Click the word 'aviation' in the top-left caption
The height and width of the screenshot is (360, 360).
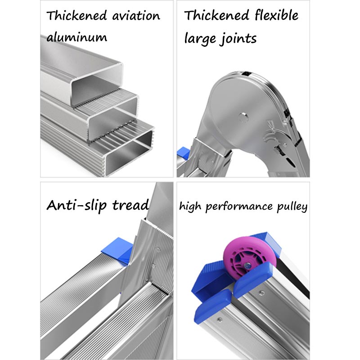136,16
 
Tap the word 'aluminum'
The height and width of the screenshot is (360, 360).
76,37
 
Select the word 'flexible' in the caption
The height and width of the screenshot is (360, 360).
276,15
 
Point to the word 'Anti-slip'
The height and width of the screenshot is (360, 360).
76,205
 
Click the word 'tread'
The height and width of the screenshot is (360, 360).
130,205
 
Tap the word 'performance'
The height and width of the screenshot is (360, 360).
239,207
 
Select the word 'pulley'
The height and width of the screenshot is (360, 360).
292,207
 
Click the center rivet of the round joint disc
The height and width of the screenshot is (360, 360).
243,117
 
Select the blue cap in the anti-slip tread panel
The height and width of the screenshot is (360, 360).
117,250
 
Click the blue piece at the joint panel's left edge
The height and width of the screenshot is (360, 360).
183,153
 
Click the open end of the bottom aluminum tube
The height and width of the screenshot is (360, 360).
129,153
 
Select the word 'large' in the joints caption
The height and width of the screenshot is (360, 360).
200,38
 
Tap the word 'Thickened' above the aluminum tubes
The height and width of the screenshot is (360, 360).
76,16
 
